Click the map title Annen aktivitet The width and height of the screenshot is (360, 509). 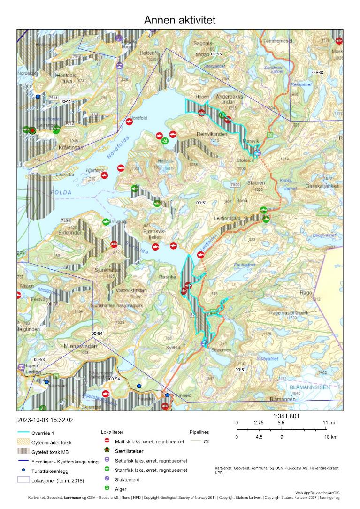point(180,19)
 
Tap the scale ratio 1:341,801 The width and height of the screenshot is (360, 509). point(286,416)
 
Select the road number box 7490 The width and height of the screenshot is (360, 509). point(65,220)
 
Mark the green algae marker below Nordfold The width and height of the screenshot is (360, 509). point(165,141)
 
